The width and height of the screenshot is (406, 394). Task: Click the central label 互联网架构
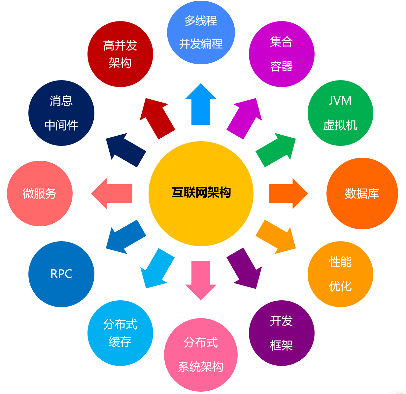(201, 192)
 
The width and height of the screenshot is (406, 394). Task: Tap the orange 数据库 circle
(362, 194)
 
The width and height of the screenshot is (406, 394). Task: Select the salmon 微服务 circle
(40, 194)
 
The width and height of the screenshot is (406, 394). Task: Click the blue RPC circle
(61, 274)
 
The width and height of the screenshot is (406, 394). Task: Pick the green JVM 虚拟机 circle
(340, 113)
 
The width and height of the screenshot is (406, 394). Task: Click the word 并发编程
(201, 44)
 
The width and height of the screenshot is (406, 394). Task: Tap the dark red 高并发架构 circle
(120, 54)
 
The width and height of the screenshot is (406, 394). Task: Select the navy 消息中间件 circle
(61, 113)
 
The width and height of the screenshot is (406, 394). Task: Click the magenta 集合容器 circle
(282, 54)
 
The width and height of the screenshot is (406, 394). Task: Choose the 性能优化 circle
(340, 274)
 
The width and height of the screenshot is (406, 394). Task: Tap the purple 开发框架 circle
(282, 333)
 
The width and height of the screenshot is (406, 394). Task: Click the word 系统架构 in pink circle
(201, 367)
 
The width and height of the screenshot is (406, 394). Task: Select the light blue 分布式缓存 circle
(120, 333)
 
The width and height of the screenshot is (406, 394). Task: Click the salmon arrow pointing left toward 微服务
(114, 194)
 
